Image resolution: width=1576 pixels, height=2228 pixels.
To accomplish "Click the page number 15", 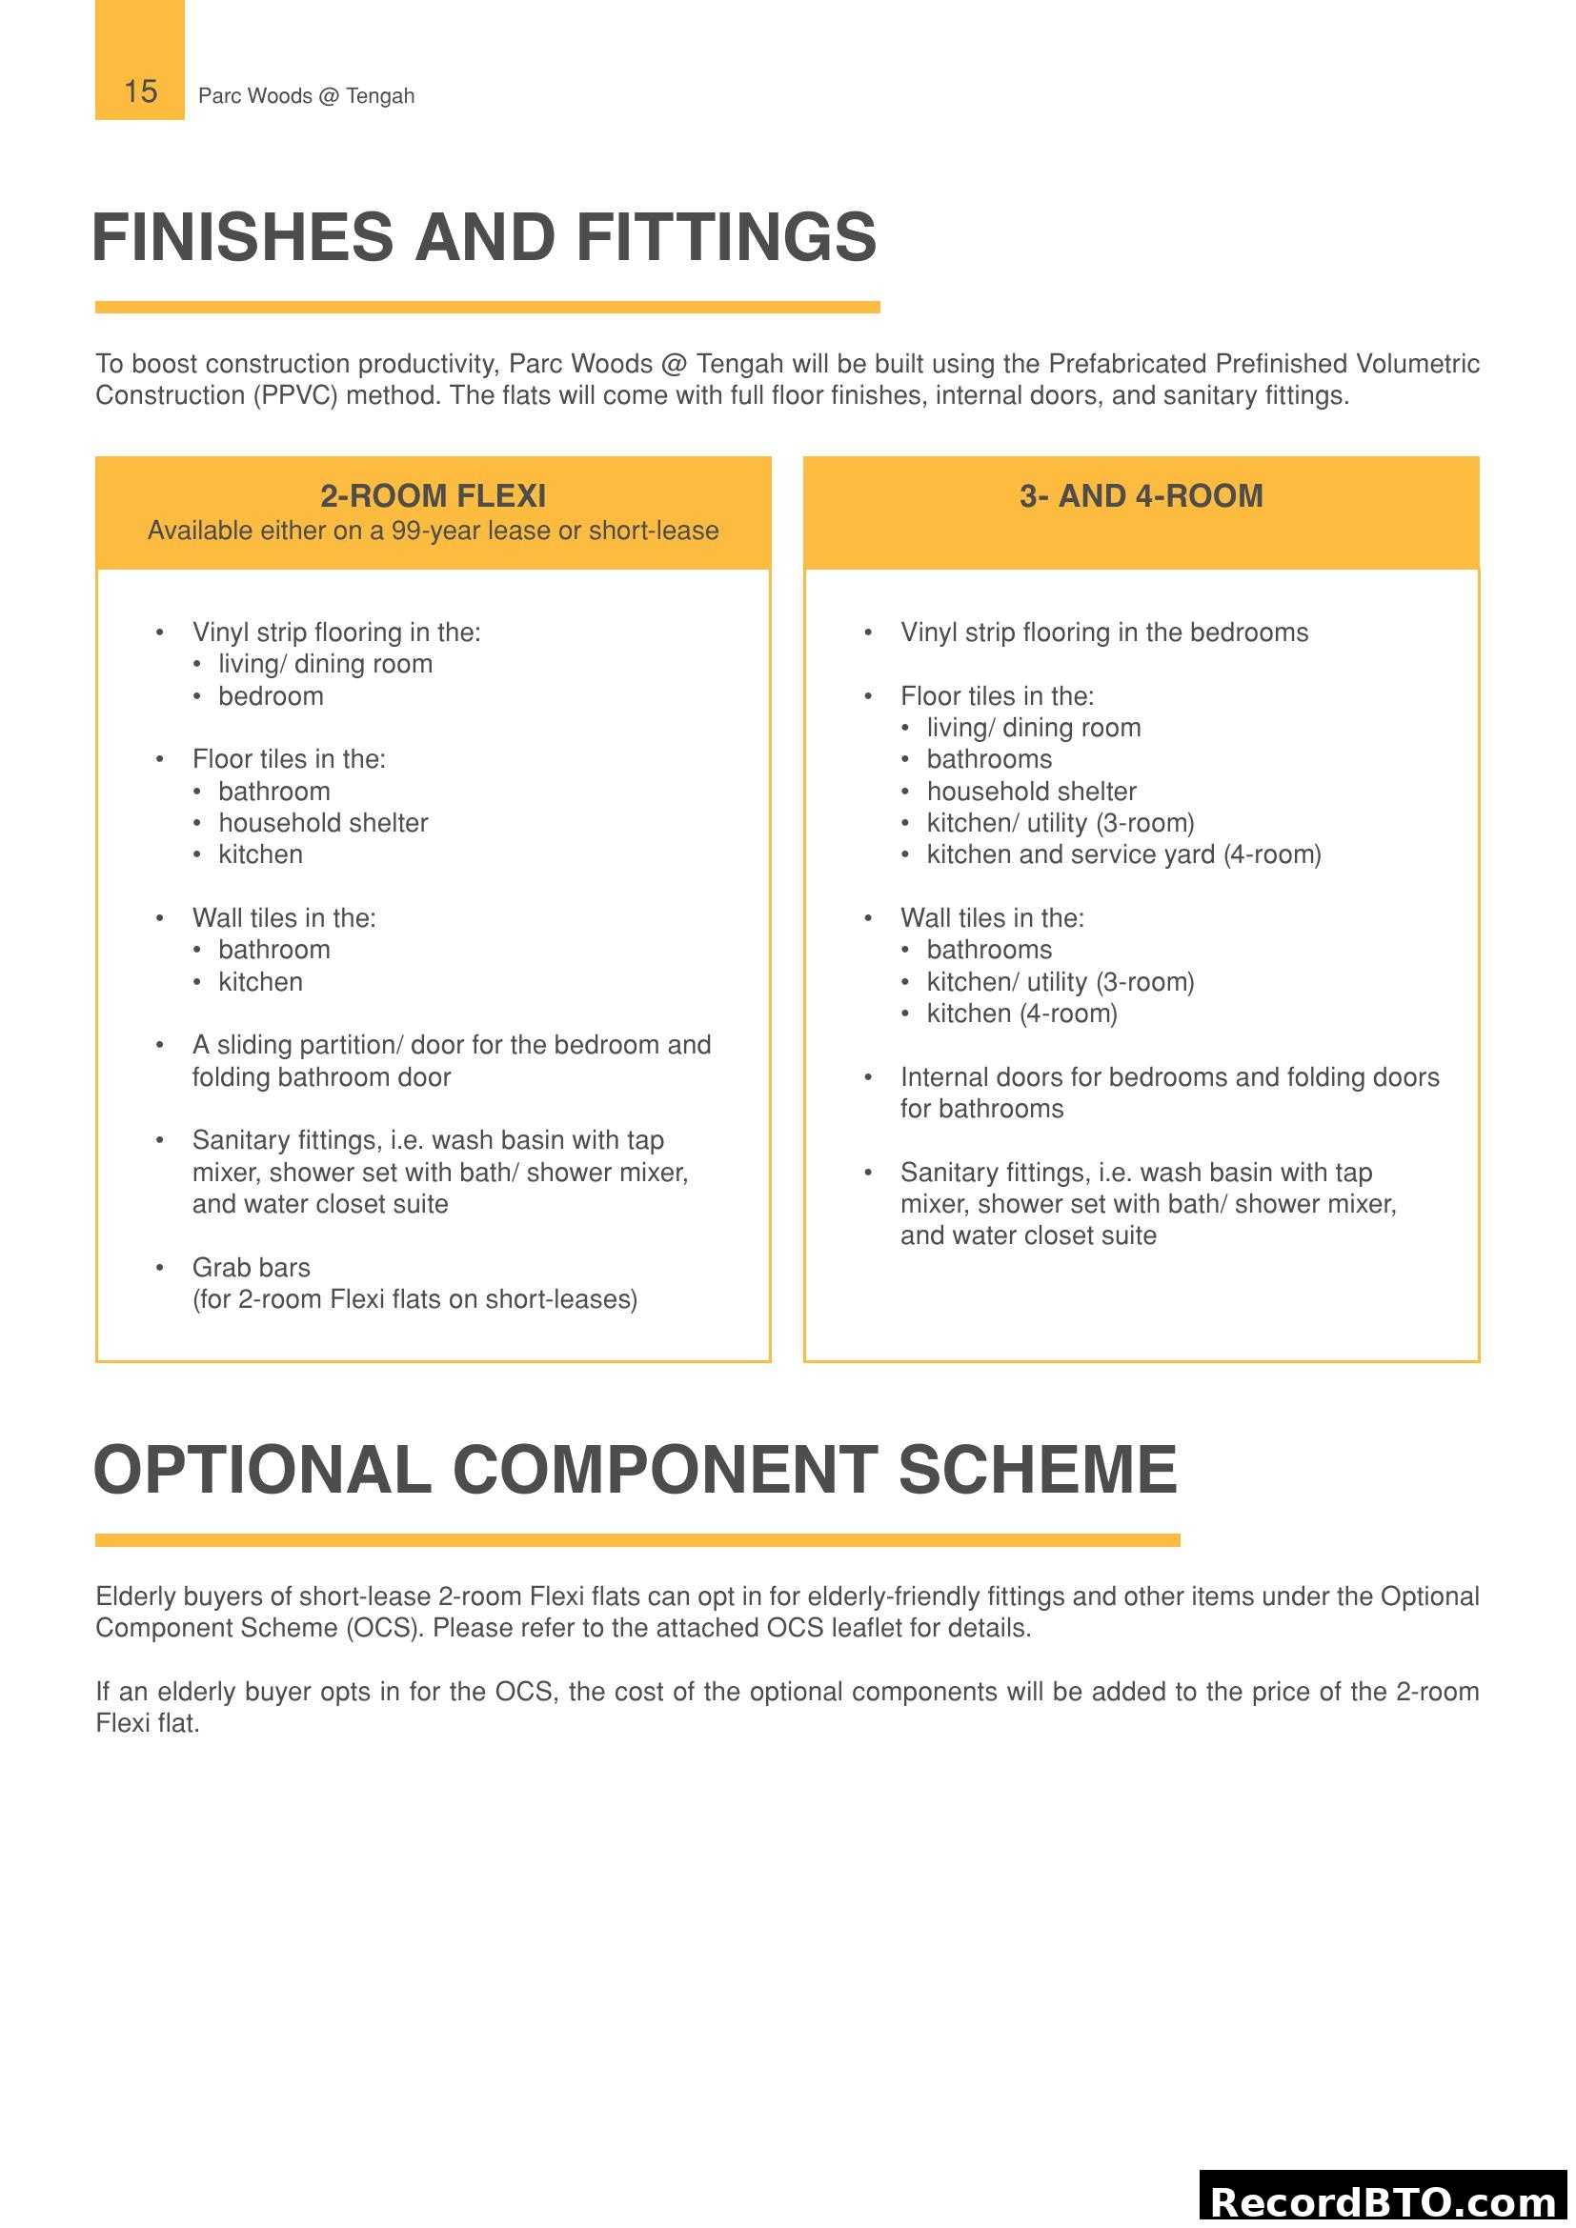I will (140, 91).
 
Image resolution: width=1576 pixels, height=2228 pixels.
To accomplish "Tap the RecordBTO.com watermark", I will (1384, 2201).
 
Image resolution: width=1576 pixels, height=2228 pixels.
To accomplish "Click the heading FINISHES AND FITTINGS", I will (484, 238).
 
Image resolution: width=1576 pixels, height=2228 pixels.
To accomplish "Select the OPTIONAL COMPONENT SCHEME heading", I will (635, 1469).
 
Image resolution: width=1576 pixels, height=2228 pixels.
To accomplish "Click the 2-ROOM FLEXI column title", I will (433, 496).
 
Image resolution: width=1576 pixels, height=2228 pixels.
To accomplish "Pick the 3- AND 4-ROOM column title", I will (1141, 496).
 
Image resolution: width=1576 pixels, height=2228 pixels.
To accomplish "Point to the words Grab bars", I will (252, 1267).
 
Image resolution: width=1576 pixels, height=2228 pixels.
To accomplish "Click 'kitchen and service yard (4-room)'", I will (1122, 854).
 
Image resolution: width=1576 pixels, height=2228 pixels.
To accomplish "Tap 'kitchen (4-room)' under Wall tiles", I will (1020, 1014).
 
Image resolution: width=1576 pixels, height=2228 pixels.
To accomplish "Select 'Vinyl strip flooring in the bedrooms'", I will (1103, 632).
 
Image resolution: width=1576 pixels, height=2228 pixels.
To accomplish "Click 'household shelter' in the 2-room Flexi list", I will (322, 823).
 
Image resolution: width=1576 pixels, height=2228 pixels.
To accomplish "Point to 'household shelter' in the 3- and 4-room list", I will (1031, 792).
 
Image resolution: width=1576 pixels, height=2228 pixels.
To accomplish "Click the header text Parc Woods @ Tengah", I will (306, 96).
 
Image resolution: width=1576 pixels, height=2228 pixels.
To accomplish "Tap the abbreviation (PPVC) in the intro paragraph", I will (295, 396).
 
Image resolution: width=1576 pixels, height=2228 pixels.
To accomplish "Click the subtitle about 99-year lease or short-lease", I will (433, 531).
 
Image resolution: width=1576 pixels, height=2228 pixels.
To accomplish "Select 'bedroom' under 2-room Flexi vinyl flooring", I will (271, 696).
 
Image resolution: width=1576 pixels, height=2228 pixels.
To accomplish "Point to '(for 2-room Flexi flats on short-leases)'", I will (414, 1299).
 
